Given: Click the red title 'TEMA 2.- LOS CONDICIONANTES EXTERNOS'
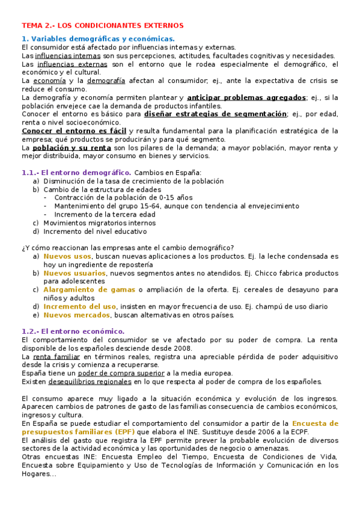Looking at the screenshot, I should click(x=102, y=26).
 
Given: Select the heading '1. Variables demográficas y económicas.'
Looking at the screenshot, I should click(x=98, y=39).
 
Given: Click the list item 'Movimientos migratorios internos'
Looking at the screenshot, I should click(x=99, y=223).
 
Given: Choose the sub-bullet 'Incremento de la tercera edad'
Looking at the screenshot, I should click(x=105, y=214).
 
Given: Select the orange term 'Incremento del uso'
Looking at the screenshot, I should click(x=79, y=306).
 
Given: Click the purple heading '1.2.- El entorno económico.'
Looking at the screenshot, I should click(x=73, y=331).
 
